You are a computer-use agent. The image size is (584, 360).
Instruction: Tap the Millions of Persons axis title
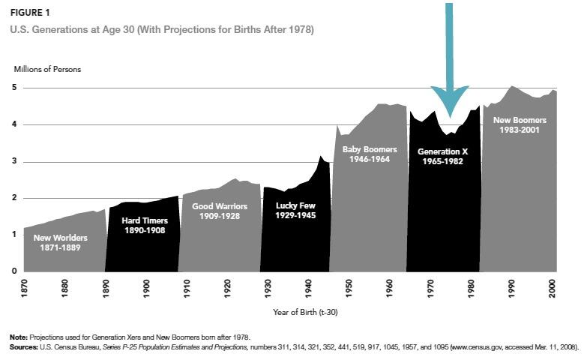tap(47, 69)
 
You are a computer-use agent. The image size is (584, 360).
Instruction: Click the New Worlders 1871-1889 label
tap(60, 243)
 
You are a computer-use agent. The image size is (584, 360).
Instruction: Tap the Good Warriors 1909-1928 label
tap(219, 211)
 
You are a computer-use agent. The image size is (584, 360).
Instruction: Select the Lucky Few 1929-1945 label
tap(296, 211)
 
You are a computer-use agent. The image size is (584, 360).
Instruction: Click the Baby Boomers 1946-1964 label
tap(367, 154)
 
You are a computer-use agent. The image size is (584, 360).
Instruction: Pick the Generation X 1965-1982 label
tap(442, 156)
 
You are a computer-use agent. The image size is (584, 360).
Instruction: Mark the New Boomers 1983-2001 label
tap(517, 124)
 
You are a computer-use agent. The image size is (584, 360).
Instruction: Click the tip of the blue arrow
tap(450, 116)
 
